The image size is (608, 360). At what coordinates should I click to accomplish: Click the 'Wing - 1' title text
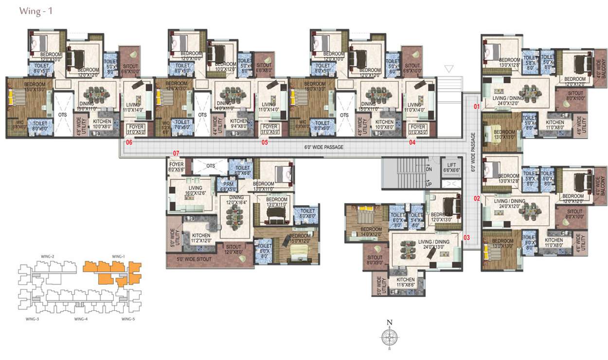pyautogui.click(x=36, y=11)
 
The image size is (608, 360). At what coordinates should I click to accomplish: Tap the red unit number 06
pyautogui.click(x=129, y=143)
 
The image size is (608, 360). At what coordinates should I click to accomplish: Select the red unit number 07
pyautogui.click(x=176, y=154)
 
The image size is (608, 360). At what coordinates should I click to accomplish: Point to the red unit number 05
pyautogui.click(x=265, y=143)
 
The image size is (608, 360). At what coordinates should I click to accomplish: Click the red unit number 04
pyautogui.click(x=412, y=143)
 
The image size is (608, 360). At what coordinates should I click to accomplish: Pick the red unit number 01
pyautogui.click(x=477, y=106)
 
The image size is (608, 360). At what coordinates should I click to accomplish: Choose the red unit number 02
pyautogui.click(x=477, y=198)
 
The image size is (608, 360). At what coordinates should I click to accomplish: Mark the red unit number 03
pyautogui.click(x=466, y=237)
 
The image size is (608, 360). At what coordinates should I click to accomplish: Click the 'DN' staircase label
pyautogui.click(x=429, y=169)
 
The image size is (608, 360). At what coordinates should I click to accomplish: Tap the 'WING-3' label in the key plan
pyautogui.click(x=32, y=319)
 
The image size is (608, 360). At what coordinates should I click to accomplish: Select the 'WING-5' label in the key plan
pyautogui.click(x=128, y=319)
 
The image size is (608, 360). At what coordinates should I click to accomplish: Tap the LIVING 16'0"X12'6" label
pyautogui.click(x=196, y=190)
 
